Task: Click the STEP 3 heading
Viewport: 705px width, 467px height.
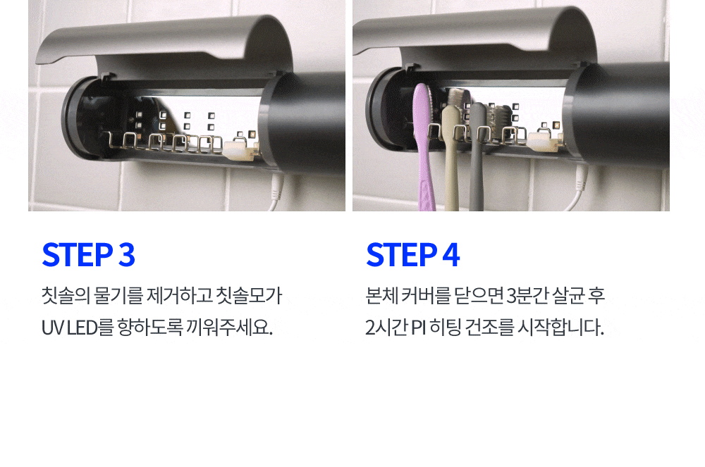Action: [x=89, y=254]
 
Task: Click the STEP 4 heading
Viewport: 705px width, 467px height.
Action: [x=412, y=254]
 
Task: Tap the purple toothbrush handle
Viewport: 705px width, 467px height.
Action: [x=424, y=148]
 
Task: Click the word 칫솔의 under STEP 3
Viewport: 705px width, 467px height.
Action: [x=66, y=295]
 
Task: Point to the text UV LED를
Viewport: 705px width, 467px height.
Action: [x=78, y=328]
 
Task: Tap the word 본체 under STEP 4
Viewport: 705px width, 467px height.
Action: [x=381, y=295]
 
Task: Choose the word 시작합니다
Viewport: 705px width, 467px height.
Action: [x=560, y=328]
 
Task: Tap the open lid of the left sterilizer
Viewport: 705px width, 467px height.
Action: [x=164, y=47]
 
